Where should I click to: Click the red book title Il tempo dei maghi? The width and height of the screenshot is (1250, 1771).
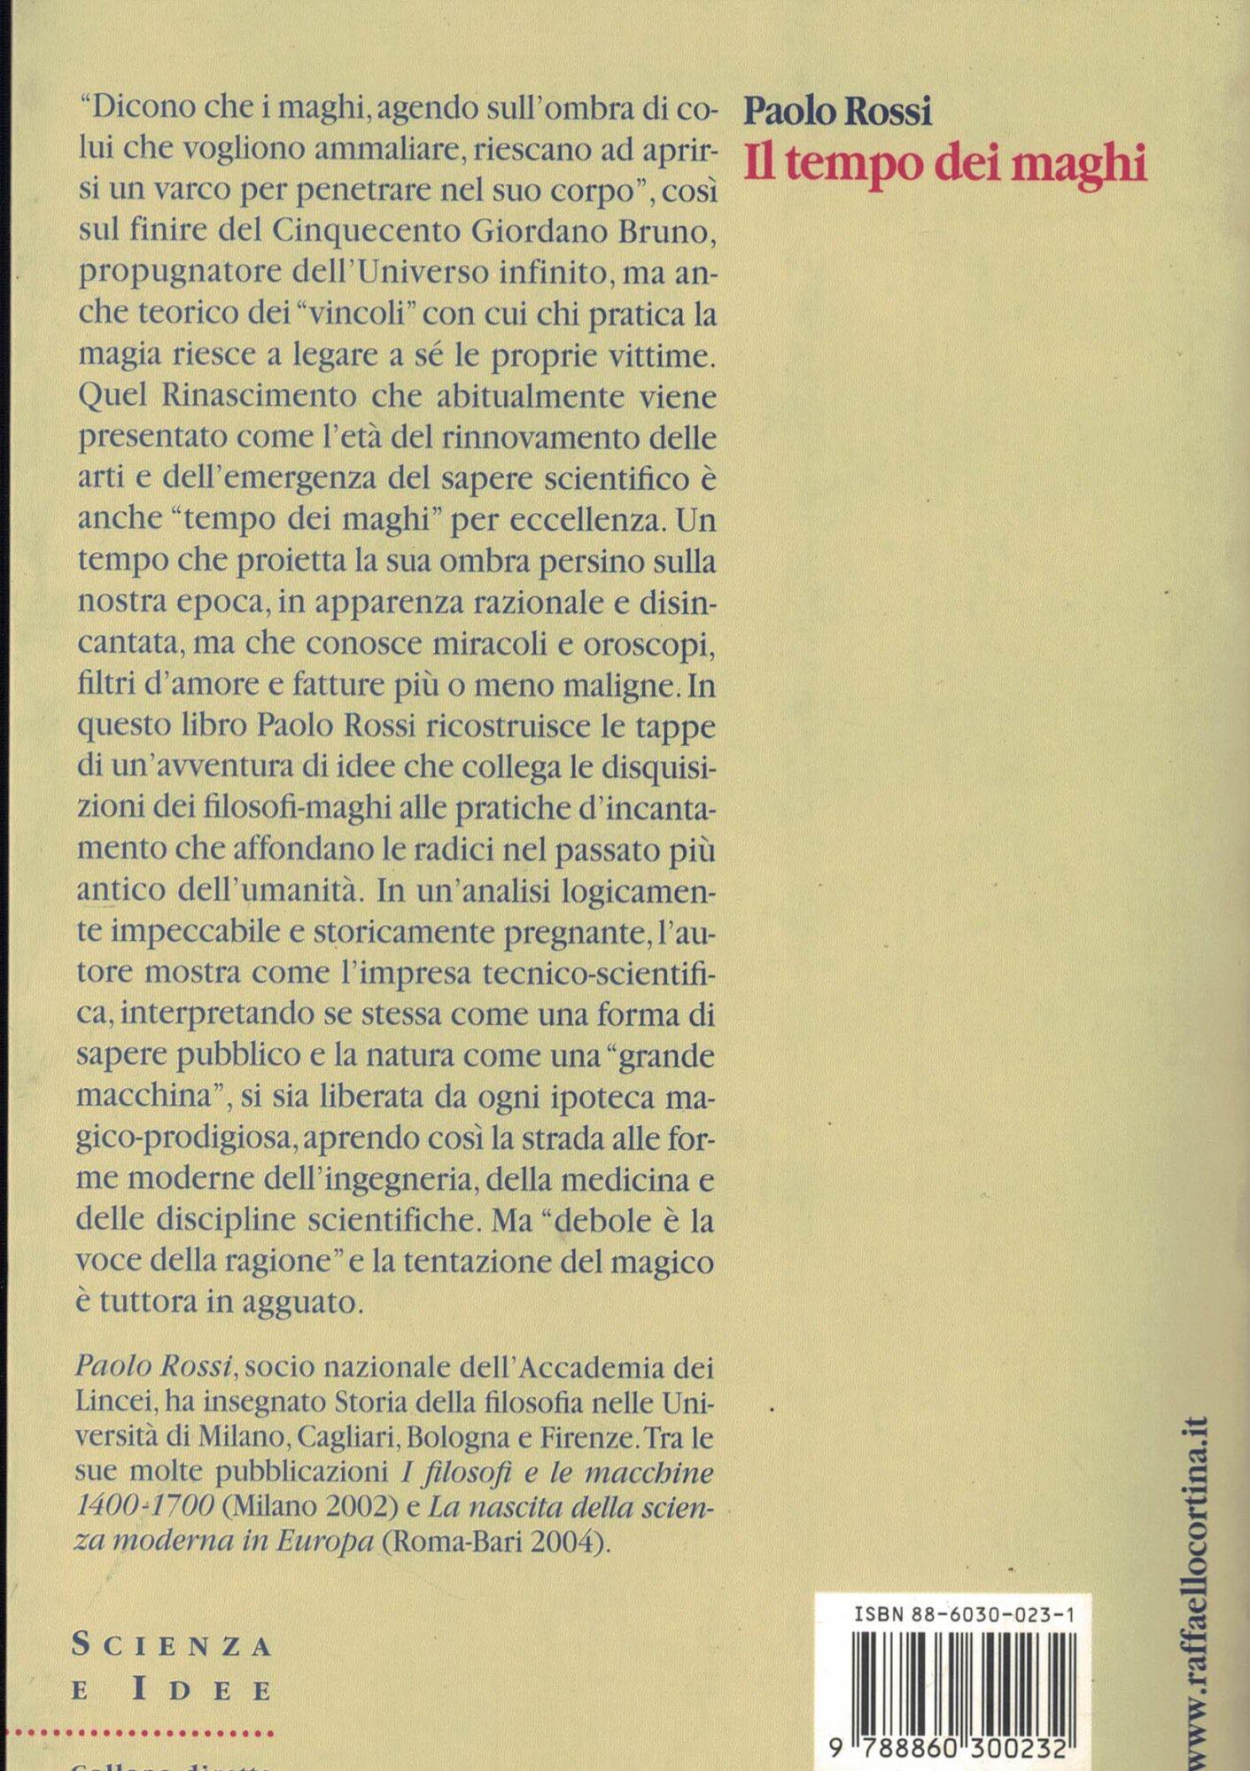[945, 166]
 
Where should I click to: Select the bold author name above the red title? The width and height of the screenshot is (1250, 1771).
[837, 112]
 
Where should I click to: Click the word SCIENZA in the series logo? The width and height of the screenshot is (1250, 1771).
[171, 1645]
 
